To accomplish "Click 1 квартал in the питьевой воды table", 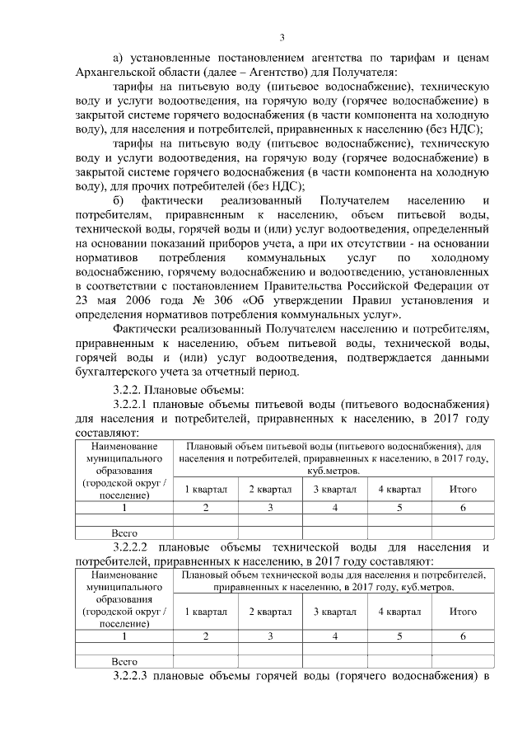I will tap(205, 488).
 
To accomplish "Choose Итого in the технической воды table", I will tap(463, 612).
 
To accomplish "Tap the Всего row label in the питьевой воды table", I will tap(124, 533).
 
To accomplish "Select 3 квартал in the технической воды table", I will tap(334, 612).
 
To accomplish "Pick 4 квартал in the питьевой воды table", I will tap(399, 488).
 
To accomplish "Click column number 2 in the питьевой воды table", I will tap(205, 507).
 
